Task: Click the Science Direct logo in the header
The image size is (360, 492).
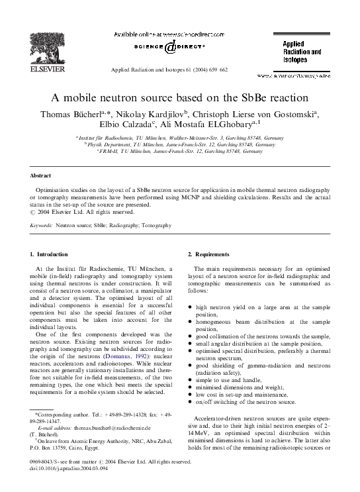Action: point(170,47)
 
